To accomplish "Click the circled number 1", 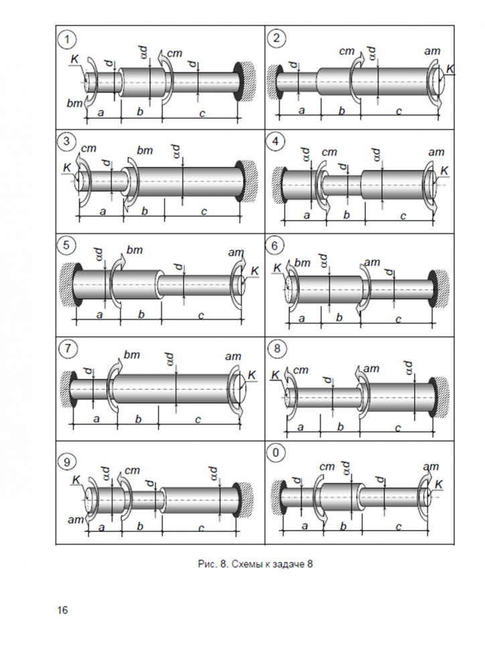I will (66, 40).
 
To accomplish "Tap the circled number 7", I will (66, 349).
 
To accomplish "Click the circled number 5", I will (66, 245).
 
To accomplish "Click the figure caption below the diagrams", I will (256, 565).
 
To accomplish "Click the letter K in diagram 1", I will (74, 61).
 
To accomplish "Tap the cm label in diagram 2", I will (347, 51).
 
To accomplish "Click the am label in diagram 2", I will (432, 51).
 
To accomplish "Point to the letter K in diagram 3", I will (66, 167).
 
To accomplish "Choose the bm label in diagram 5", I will (135, 250).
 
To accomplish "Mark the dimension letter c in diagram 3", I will (203, 212).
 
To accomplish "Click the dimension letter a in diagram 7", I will (96, 419).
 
